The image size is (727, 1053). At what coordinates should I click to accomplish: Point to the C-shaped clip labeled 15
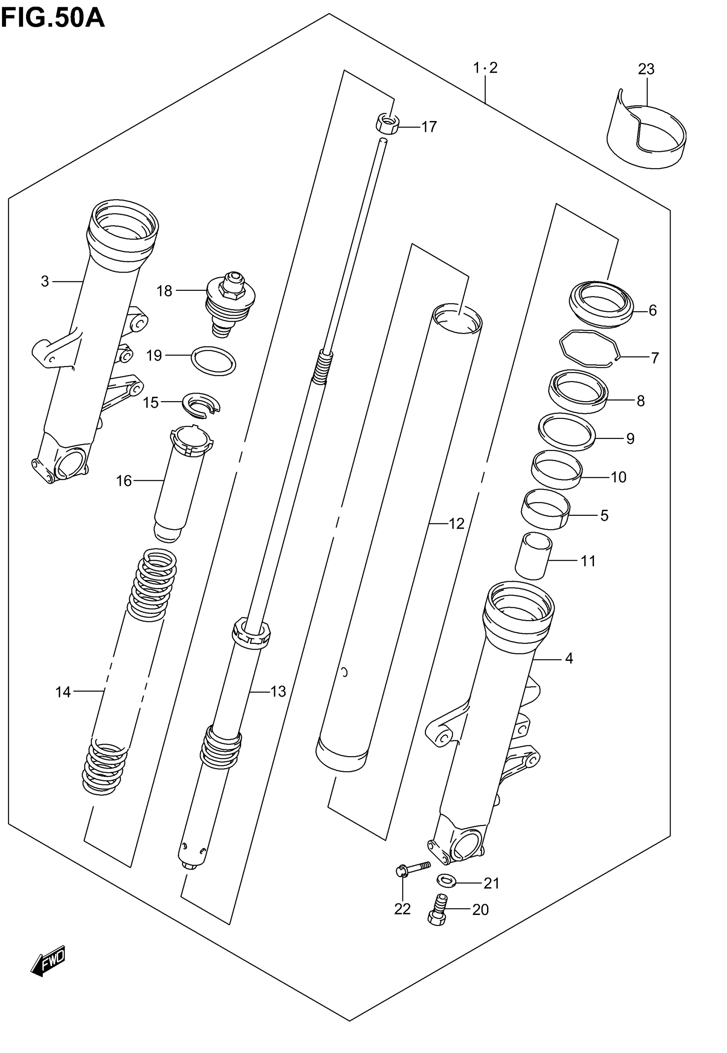[201, 403]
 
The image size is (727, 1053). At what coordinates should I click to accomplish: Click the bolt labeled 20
[438, 910]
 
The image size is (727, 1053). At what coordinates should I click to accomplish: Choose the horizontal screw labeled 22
[412, 868]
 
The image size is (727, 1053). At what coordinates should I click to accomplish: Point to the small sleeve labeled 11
[533, 556]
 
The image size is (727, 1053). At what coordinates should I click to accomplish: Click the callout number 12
[456, 524]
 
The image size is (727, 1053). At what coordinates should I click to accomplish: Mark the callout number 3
[44, 281]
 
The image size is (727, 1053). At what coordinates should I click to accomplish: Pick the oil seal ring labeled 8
[578, 391]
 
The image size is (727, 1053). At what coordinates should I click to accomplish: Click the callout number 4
[568, 658]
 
